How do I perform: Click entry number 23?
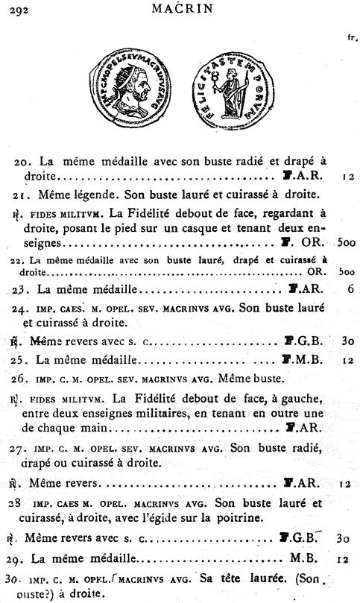24,289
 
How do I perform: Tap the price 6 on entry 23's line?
348,289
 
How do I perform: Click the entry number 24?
24,309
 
